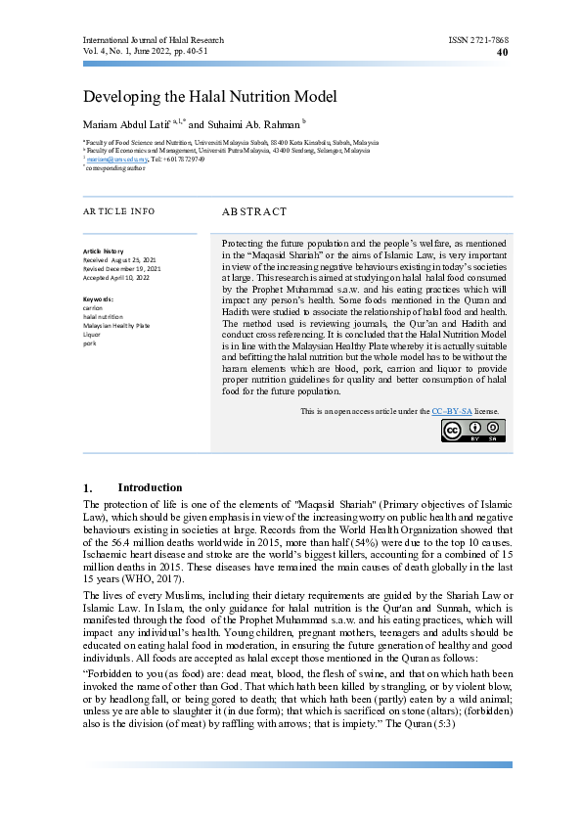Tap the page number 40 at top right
tap(503, 52)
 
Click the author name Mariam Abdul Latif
tap(126, 125)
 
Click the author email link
tap(111, 159)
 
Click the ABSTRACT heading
tap(254, 211)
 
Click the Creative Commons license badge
tap(474, 458)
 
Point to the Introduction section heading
tap(150, 487)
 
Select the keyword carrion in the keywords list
tap(94, 307)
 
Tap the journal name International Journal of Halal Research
tap(153, 40)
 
